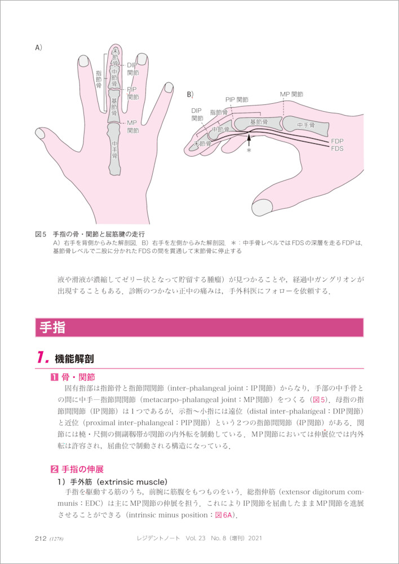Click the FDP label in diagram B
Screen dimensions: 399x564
pyautogui.click(x=337, y=142)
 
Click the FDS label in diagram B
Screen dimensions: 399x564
pyautogui.click(x=337, y=148)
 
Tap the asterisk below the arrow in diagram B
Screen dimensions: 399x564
pyautogui.click(x=249, y=151)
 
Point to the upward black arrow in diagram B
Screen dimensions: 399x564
pyautogui.click(x=249, y=139)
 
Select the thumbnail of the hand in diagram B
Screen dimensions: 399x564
pyautogui.click(x=262, y=208)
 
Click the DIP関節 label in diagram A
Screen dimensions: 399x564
pyautogui.click(x=132, y=69)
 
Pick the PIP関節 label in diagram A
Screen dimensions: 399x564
pyautogui.click(x=132, y=93)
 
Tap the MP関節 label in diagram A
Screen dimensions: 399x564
pyautogui.click(x=132, y=126)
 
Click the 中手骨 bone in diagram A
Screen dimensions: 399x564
pyautogui.click(x=114, y=149)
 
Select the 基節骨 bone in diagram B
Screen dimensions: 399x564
pyautogui.click(x=258, y=124)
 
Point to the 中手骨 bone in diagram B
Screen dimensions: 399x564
pyautogui.click(x=306, y=125)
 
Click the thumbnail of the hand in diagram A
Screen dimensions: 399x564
pyautogui.click(x=40, y=133)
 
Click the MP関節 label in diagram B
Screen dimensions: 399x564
pyautogui.click(x=291, y=95)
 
